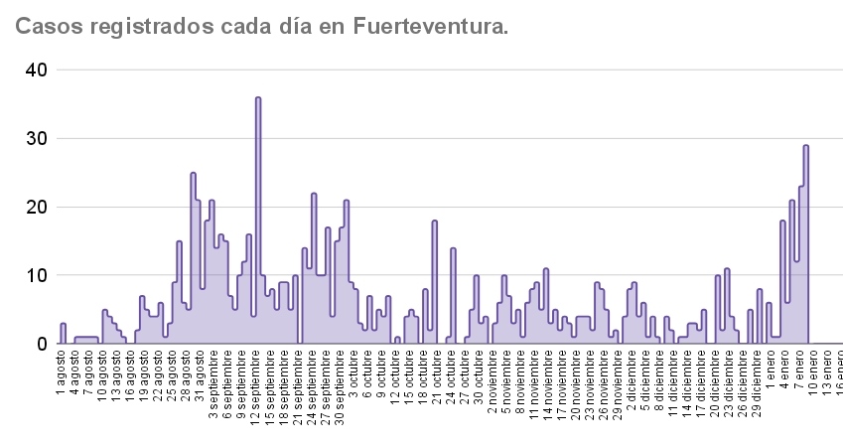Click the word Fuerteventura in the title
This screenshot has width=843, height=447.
(x=430, y=27)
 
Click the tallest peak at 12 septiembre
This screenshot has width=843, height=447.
(x=258, y=98)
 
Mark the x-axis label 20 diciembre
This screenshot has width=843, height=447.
(x=715, y=378)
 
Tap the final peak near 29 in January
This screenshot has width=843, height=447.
(x=806, y=146)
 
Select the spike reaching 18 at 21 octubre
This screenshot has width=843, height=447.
(x=435, y=222)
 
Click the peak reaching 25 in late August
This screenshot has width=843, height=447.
(x=194, y=174)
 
